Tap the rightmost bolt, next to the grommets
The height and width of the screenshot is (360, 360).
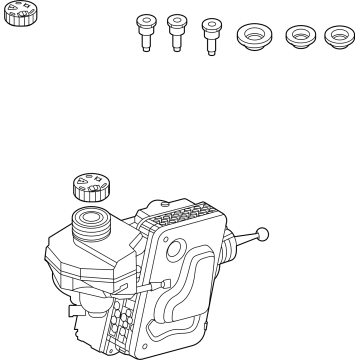point(211,35)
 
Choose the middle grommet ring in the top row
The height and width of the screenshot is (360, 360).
point(298,40)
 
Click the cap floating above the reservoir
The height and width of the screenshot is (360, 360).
point(90,187)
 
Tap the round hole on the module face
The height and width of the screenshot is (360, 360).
point(176,250)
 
